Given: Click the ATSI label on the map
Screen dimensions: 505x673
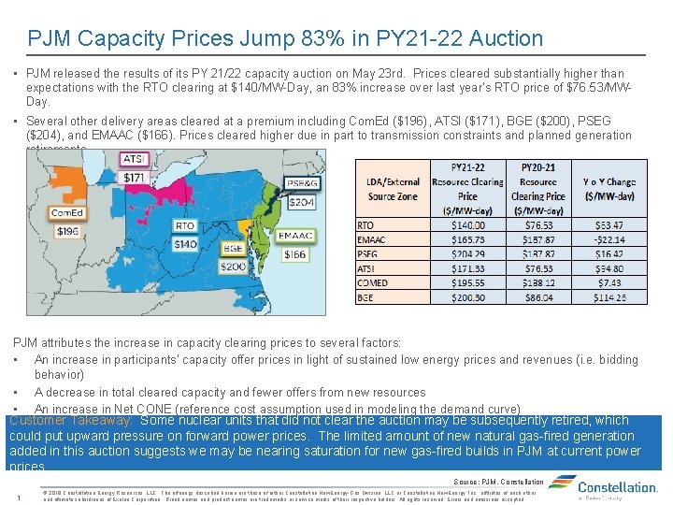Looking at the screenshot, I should pos(134,159).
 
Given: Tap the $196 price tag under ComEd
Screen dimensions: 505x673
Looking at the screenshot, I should pos(66,231).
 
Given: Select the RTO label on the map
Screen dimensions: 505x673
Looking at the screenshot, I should pos(185,225).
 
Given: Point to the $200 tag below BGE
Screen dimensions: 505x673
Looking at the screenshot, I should pos(234,267).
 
